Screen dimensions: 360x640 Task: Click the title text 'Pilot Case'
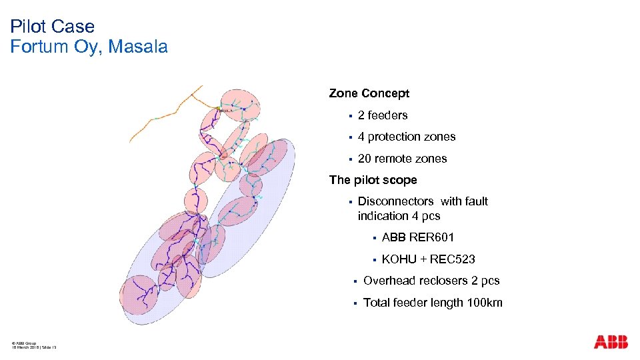53,27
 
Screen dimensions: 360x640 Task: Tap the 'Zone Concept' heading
369,93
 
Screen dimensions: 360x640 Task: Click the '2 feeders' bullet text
383,115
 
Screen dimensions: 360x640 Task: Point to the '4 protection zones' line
407,137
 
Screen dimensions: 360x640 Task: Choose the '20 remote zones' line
402,159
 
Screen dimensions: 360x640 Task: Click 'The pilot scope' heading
373,180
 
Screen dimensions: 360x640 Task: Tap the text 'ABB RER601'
418,237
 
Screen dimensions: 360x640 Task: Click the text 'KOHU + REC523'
428,259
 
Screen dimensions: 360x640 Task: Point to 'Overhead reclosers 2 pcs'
431,281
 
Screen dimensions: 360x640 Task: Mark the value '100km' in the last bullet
485,303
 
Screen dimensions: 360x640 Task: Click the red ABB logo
611,342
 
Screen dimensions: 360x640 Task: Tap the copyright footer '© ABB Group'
25,343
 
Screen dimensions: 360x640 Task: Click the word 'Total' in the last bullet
376,303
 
